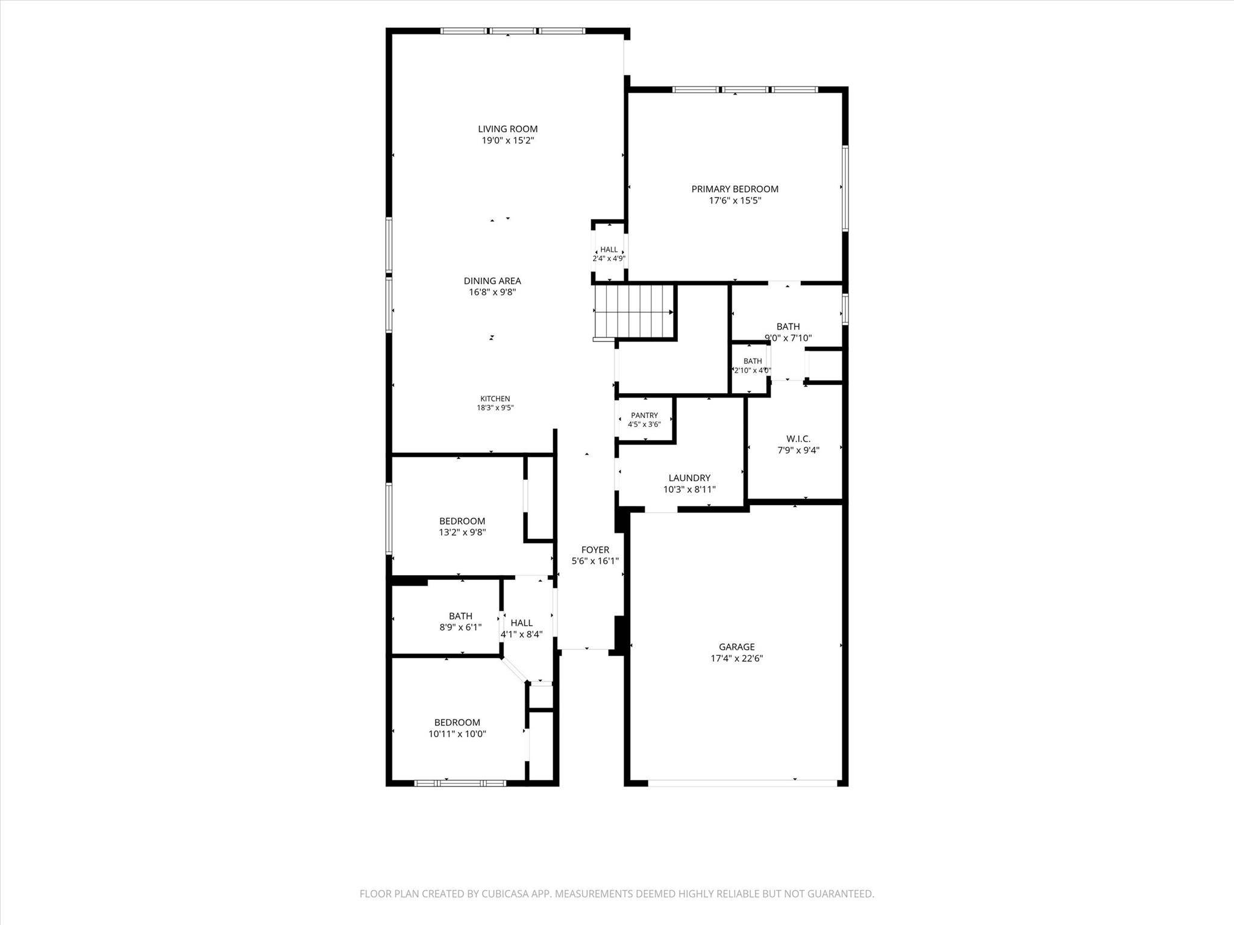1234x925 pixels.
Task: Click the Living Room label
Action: click(507, 129)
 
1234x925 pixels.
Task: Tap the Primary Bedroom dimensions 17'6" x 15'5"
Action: click(735, 201)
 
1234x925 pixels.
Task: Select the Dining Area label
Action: click(492, 281)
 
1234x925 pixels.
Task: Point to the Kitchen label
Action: click(495, 399)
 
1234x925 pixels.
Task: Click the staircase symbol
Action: click(634, 312)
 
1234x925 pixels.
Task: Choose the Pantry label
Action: click(644, 416)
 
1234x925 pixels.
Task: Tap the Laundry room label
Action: click(689, 478)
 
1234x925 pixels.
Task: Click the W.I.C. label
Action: click(798, 438)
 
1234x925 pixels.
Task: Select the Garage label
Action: click(737, 647)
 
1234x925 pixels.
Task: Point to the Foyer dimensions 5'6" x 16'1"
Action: click(595, 561)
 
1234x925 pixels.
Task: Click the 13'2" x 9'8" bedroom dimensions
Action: click(462, 532)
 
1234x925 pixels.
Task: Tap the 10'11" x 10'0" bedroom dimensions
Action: click(457, 734)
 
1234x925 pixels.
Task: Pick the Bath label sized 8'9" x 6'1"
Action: click(460, 616)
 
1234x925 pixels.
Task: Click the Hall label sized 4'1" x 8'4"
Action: click(522, 623)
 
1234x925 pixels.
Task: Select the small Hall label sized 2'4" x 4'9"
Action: click(609, 249)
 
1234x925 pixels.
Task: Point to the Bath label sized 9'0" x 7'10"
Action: click(788, 326)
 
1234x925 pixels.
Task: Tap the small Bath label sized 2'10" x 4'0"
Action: click(753, 361)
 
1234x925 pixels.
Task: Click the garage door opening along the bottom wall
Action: click(742, 783)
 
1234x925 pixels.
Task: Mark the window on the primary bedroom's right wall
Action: click(845, 188)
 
